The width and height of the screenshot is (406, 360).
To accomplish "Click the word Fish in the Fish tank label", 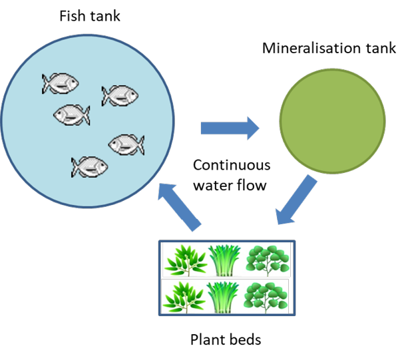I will coord(71,15).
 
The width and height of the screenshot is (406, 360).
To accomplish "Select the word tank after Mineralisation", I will coord(382,49).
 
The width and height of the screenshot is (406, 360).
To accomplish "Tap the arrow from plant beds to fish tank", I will coord(180,207).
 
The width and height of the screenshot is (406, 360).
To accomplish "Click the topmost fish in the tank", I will coord(61,83).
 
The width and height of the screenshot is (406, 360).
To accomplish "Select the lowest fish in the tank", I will coord(89,165).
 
